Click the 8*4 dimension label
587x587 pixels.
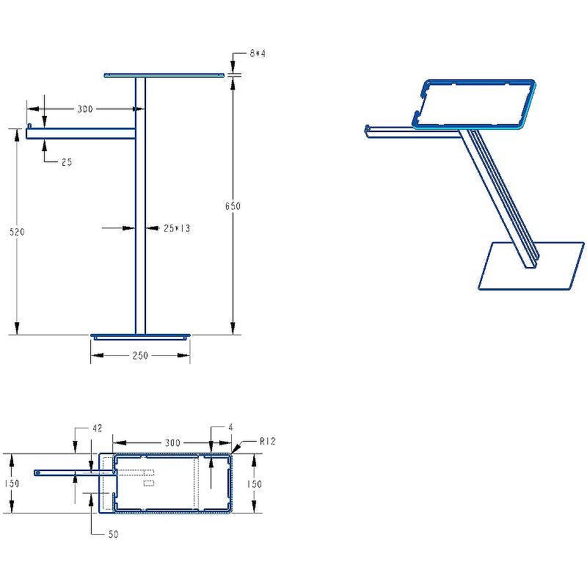tap(258, 54)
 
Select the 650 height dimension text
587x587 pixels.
tap(233, 206)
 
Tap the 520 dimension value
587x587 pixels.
tap(17, 232)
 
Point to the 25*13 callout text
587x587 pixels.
tap(177, 228)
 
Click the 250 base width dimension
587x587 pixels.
tap(140, 355)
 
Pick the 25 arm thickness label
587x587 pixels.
tap(67, 162)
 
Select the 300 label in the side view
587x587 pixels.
tap(85, 109)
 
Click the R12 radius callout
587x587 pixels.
tap(268, 442)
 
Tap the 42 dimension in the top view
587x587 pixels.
tap(97, 428)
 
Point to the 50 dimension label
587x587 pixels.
tap(113, 534)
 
